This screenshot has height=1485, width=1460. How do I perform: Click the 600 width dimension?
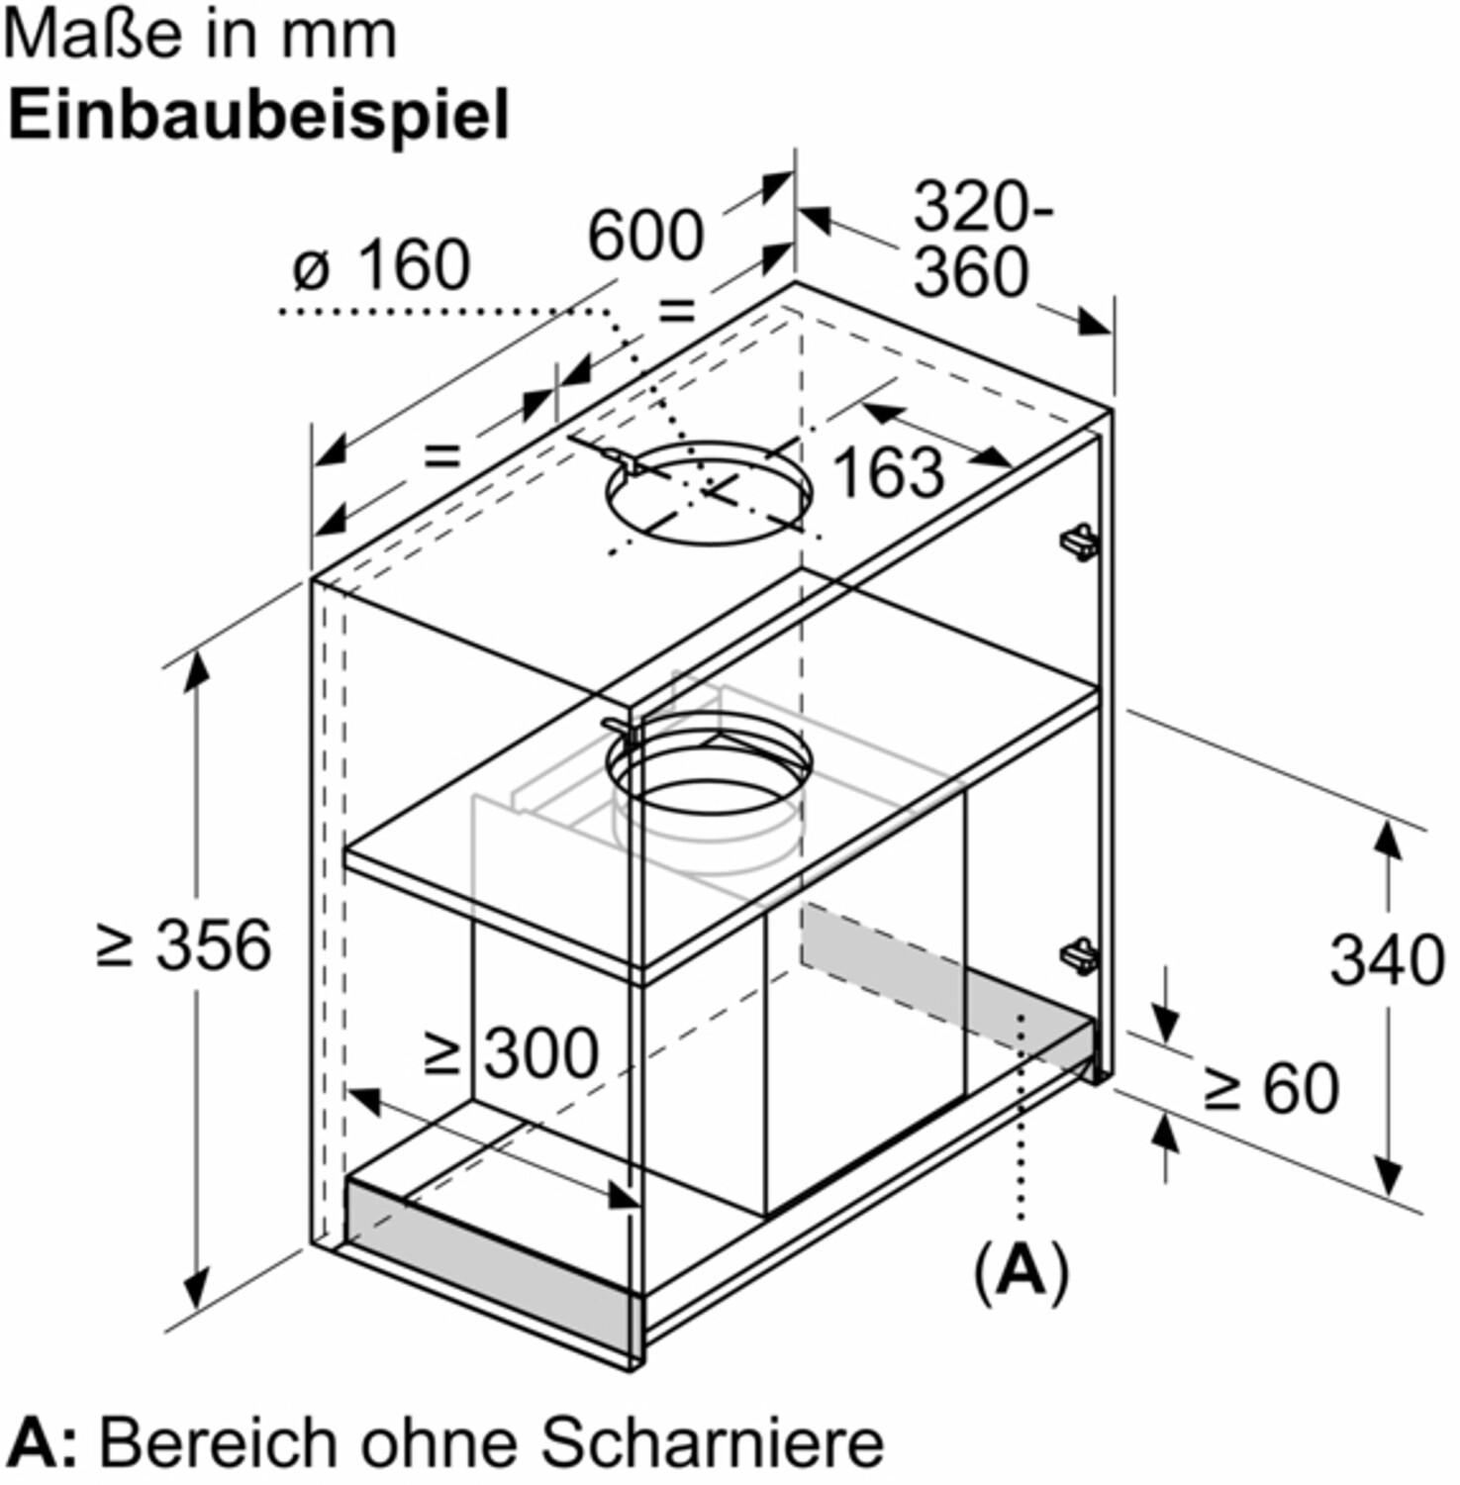pos(645,237)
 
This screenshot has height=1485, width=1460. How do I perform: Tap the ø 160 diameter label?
pos(382,265)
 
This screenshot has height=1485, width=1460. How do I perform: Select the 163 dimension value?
pos(889,471)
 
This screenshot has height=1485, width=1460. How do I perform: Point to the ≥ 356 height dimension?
pos(184,944)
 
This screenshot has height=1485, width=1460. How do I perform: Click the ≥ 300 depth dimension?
pos(511,1051)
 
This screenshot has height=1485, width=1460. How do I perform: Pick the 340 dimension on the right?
pos(1387,959)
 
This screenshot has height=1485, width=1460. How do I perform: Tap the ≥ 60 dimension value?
pos(1271,1088)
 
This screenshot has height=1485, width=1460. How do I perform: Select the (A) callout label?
pos(1022,1271)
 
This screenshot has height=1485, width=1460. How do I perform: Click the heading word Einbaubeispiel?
pos(258,116)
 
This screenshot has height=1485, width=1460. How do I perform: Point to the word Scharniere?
pos(712,1443)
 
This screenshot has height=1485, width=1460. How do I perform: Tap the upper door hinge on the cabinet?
pos(1079,541)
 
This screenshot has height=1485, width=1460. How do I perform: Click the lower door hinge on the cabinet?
pos(1079,956)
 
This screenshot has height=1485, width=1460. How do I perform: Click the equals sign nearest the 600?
pos(677,311)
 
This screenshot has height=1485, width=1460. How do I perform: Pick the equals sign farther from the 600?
pos(441,455)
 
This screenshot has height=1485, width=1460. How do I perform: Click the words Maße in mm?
pos(201,36)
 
